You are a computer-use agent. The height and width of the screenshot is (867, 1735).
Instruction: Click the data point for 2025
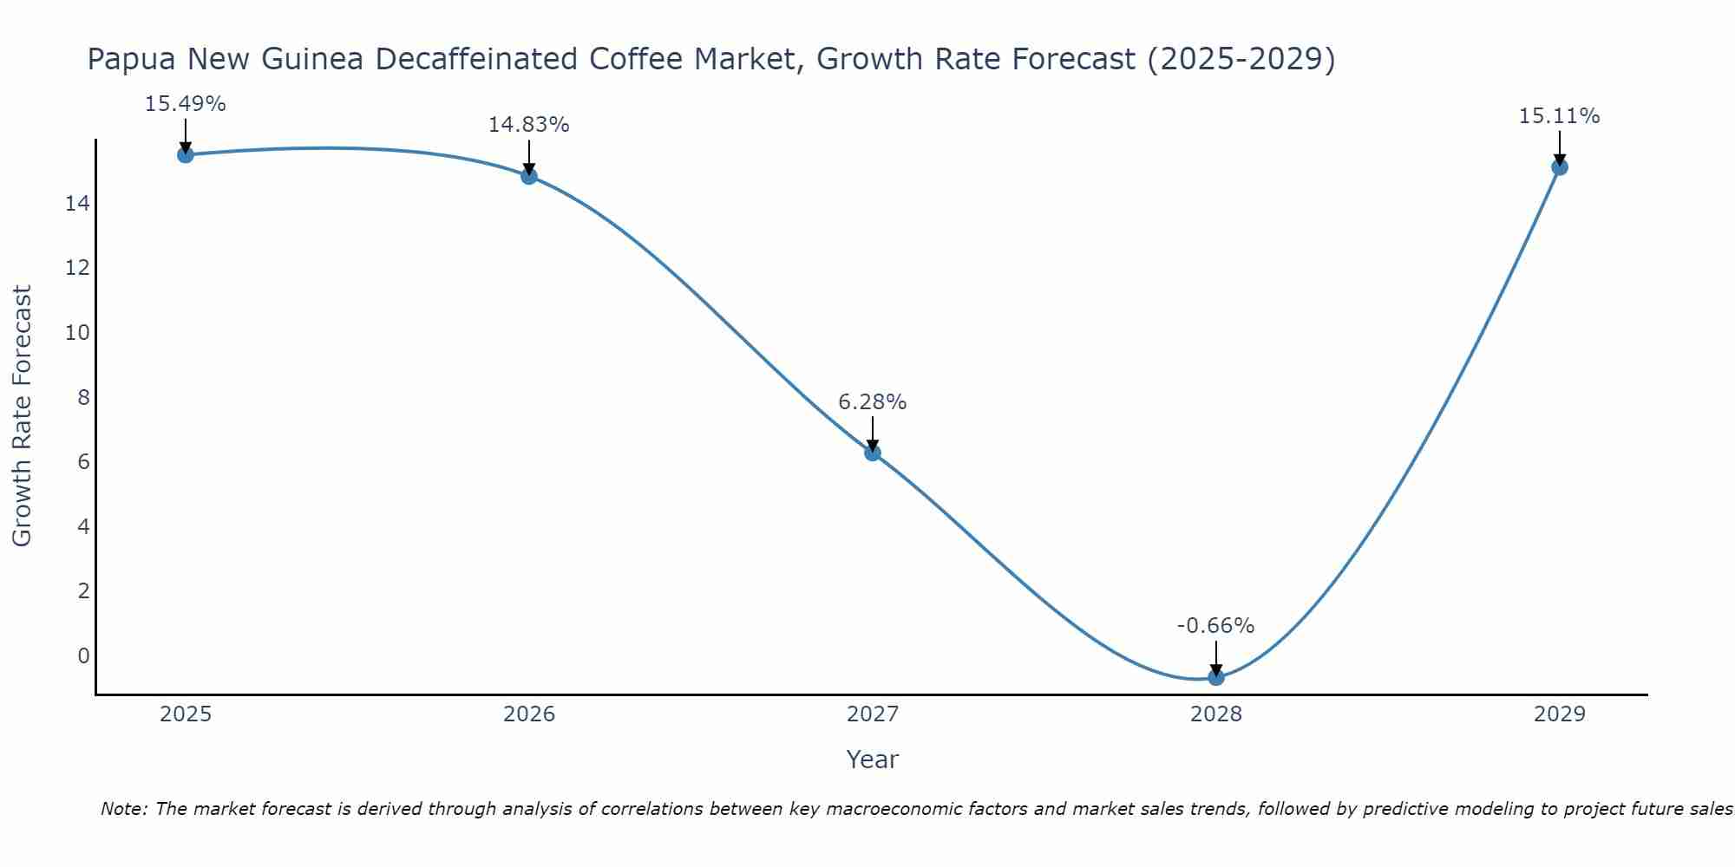pyautogui.click(x=186, y=154)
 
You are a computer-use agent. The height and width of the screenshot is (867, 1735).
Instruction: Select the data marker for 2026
pyautogui.click(x=529, y=176)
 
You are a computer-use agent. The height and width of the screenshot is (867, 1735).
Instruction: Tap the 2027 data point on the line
pyautogui.click(x=873, y=453)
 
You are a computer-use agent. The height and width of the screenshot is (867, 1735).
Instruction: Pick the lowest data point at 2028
pyautogui.click(x=1216, y=677)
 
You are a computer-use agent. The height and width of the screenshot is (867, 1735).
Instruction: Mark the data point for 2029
pyautogui.click(x=1560, y=166)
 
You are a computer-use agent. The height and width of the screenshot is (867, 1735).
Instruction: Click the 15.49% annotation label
pyautogui.click(x=186, y=104)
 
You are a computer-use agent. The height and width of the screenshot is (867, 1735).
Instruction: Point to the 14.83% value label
pyautogui.click(x=529, y=125)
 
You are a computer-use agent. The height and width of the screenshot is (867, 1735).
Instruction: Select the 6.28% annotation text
pyautogui.click(x=873, y=402)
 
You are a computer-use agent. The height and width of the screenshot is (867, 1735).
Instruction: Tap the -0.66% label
pyautogui.click(x=1216, y=626)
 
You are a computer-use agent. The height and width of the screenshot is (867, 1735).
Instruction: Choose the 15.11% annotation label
pyautogui.click(x=1560, y=116)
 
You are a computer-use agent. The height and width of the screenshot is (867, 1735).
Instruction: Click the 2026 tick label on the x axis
pyautogui.click(x=529, y=714)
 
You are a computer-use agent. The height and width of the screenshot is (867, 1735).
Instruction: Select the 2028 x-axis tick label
pyautogui.click(x=1216, y=714)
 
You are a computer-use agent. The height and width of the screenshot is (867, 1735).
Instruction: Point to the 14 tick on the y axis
pyautogui.click(x=77, y=204)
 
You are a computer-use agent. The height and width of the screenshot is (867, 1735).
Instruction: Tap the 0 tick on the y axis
pyautogui.click(x=83, y=655)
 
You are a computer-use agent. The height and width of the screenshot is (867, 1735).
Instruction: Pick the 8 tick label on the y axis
pyautogui.click(x=83, y=398)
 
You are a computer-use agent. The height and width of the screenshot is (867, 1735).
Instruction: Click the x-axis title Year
pyautogui.click(x=873, y=759)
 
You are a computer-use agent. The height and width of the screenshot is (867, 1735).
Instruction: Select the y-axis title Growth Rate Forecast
pyautogui.click(x=23, y=416)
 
